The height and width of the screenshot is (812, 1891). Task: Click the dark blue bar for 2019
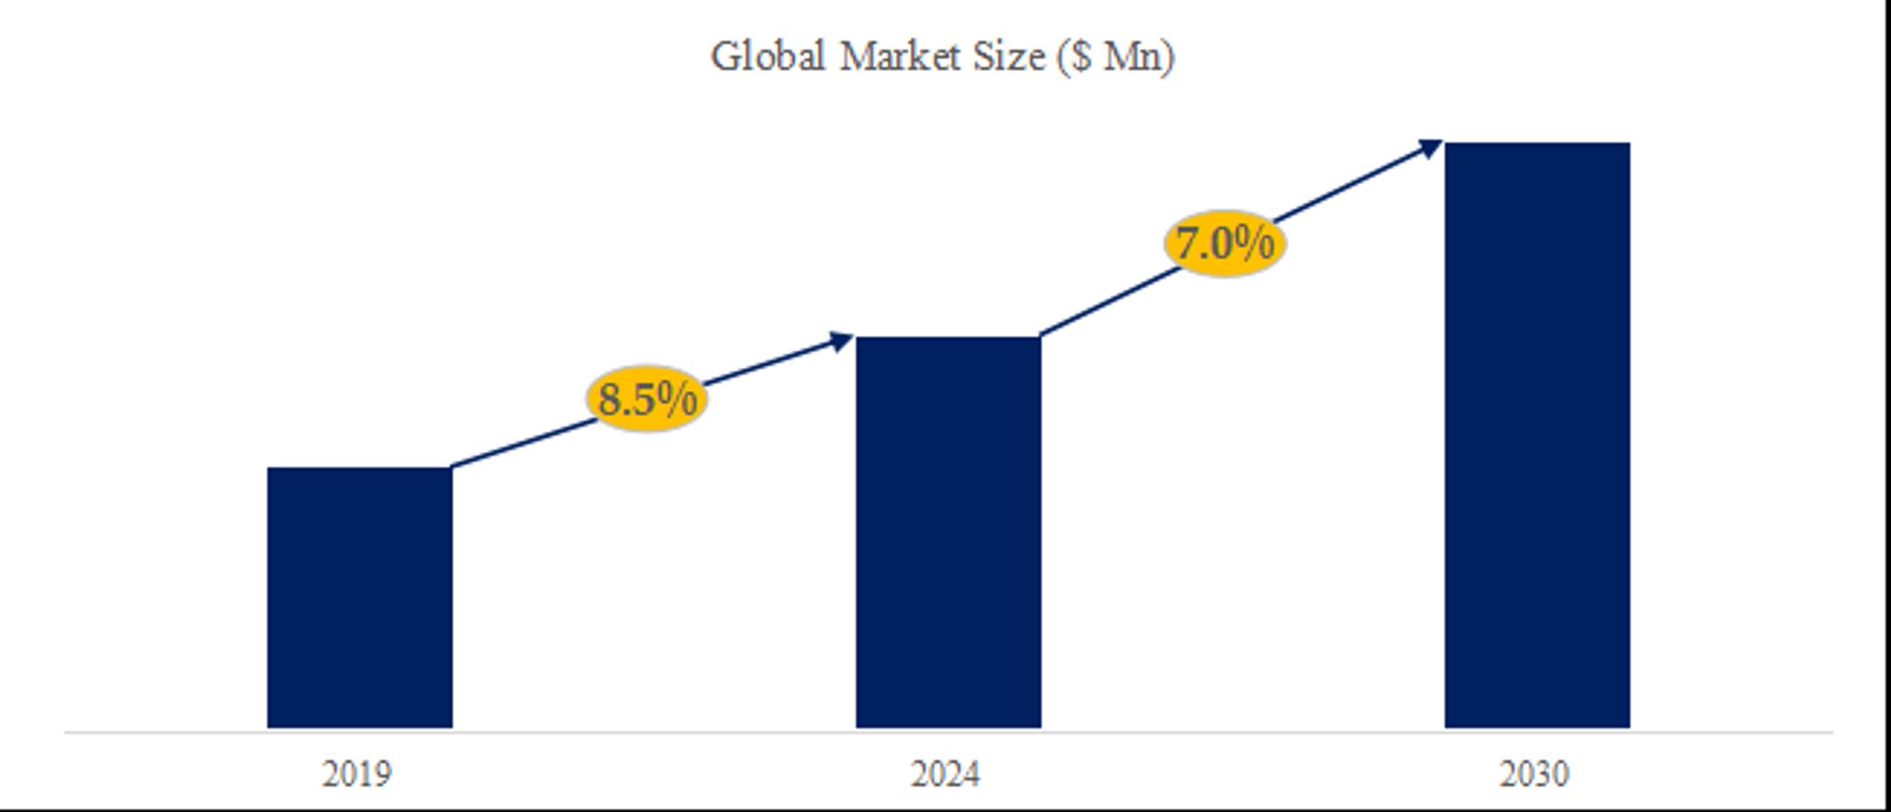359,597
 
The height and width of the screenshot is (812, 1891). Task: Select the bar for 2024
948,532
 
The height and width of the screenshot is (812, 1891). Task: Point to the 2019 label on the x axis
357,774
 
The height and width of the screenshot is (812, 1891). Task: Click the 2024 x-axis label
945,774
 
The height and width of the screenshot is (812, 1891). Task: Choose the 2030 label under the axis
1534,774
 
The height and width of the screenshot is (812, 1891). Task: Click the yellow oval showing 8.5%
647,398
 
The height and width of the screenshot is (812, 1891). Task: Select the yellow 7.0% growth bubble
1224,243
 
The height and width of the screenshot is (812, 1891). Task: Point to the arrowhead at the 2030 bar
1430,147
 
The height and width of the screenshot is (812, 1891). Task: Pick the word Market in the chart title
900,57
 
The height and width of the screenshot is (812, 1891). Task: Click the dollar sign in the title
1081,57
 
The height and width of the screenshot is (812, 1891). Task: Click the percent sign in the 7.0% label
1254,242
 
